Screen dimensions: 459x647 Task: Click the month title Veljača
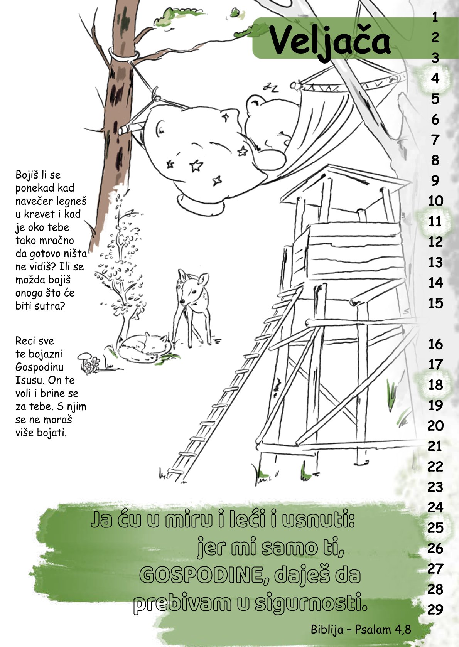tap(329, 42)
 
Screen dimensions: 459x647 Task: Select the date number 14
tap(435, 283)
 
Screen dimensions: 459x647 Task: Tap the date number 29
tap(435, 610)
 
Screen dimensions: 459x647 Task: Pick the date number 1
tap(435, 18)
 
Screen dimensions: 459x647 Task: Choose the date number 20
tap(435, 426)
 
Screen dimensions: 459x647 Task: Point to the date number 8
tap(435, 160)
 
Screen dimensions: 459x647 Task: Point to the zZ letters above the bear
tap(271, 87)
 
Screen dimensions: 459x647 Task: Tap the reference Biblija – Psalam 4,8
tap(361, 629)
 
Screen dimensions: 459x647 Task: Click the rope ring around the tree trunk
tap(124, 55)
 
